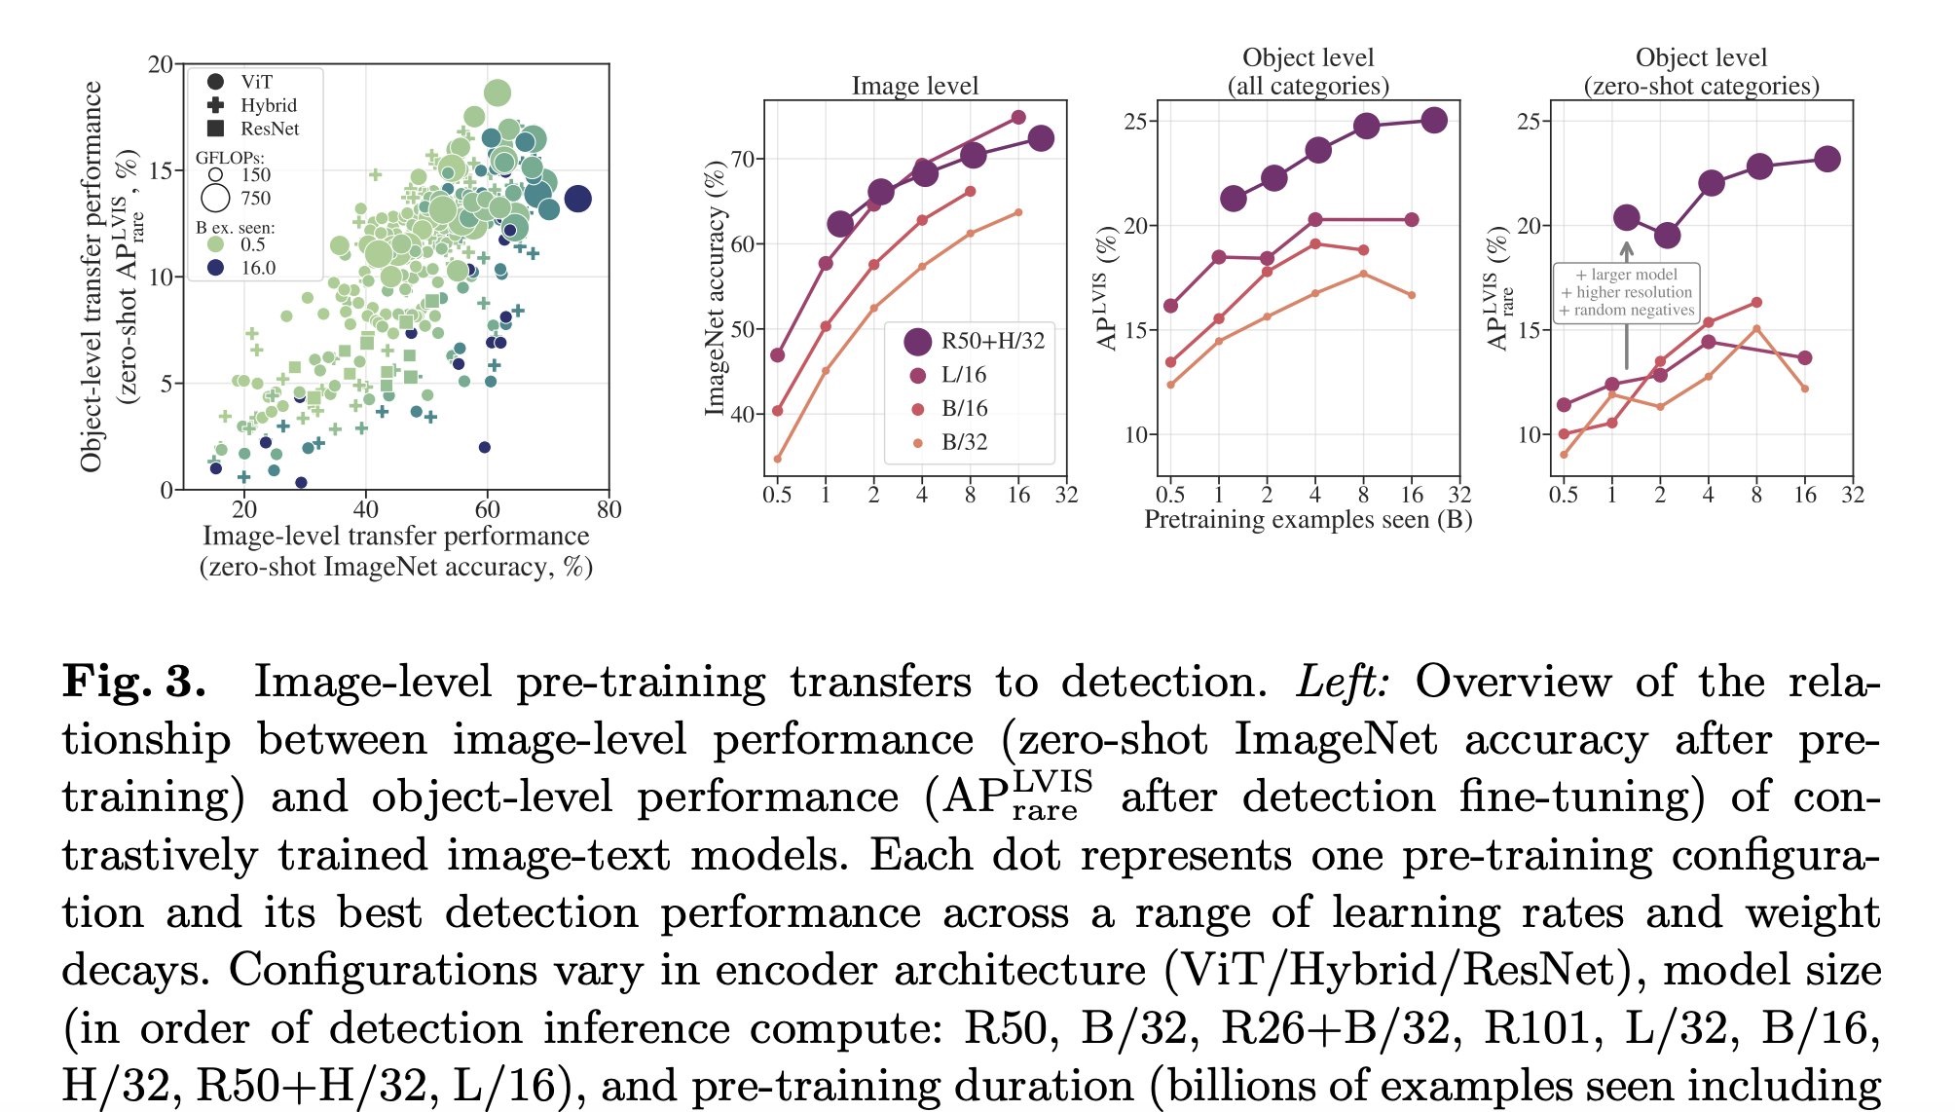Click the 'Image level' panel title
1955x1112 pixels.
tap(914, 86)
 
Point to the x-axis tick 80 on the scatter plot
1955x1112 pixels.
tap(609, 509)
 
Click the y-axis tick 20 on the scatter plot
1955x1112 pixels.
tap(160, 65)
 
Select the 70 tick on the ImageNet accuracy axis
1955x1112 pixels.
tap(743, 159)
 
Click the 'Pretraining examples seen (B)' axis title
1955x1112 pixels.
tap(1308, 519)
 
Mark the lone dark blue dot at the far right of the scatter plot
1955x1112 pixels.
tap(577, 199)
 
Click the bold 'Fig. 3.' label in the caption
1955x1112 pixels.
tap(134, 682)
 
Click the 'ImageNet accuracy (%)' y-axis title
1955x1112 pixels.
tap(716, 289)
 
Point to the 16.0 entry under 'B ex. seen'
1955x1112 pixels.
tap(257, 268)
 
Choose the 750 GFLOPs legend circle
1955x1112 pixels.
tap(215, 199)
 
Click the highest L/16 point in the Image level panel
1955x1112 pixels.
tap(1018, 117)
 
